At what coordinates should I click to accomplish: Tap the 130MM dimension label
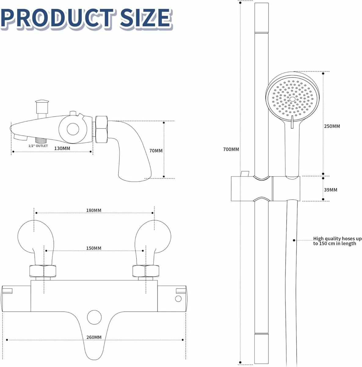[x=62, y=148]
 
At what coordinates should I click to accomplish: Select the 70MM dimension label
[x=156, y=151]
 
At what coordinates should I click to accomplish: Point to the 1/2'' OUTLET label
[x=38, y=146]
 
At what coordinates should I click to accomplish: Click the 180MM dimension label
[x=93, y=210]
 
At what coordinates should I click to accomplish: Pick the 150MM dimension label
[x=93, y=248]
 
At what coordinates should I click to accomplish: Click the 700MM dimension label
[x=231, y=150]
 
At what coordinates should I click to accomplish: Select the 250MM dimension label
[x=332, y=126]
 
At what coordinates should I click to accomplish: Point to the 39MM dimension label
[x=331, y=190]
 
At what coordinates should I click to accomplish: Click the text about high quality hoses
[x=337, y=241]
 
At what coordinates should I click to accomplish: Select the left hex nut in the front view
[x=43, y=271]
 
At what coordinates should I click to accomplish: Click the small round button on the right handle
[x=178, y=298]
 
